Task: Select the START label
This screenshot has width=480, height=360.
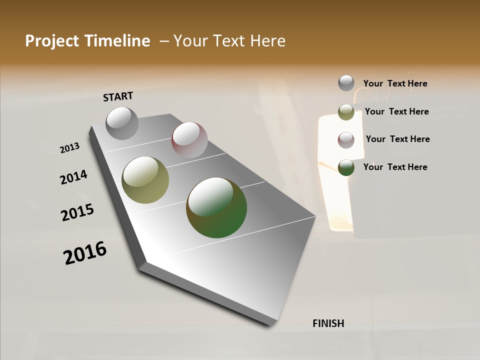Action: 118,96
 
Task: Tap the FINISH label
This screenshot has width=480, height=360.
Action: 328,323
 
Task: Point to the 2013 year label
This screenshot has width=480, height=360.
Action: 70,148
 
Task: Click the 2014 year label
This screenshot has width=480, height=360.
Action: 73,177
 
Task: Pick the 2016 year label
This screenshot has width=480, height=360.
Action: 85,253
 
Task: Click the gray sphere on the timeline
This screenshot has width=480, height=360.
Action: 122,123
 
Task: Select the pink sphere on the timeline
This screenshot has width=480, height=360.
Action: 189,140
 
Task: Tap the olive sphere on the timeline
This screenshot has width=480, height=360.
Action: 145,180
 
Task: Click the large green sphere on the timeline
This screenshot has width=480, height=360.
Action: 216,207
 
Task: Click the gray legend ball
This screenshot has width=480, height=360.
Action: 346,83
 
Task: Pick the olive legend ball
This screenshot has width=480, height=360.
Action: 346,112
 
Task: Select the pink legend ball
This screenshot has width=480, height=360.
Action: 346,139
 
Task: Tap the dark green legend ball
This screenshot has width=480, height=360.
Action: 346,167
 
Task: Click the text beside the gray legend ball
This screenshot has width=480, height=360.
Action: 395,83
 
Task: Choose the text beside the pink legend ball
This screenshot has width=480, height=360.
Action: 398,139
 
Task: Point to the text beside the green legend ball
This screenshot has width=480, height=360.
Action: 395,167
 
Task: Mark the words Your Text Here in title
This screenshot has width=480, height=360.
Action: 229,41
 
